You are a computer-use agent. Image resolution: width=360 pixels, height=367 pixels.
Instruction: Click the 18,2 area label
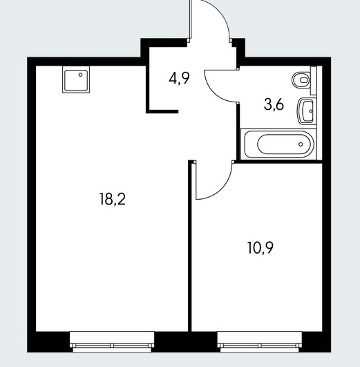tap(113, 199)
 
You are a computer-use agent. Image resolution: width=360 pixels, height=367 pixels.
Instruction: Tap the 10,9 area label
tap(260, 248)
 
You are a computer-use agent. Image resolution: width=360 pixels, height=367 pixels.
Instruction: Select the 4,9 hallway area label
tap(179, 78)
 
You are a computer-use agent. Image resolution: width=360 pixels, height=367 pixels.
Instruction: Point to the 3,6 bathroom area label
tap(274, 104)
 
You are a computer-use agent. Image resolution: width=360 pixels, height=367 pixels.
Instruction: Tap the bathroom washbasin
tap(307, 111)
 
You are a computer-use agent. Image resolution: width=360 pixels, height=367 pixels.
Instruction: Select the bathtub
tap(278, 144)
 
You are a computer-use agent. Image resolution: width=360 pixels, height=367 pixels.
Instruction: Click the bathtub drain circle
tap(301, 144)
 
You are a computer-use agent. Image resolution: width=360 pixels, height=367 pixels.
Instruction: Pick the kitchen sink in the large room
tap(76, 79)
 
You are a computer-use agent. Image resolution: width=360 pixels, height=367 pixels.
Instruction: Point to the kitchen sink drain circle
tap(81, 75)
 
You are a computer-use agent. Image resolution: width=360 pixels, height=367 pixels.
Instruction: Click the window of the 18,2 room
tap(112, 342)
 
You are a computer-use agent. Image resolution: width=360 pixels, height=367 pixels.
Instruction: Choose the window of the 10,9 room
tap(260, 342)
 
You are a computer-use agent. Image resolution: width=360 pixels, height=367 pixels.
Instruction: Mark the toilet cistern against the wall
tap(314, 80)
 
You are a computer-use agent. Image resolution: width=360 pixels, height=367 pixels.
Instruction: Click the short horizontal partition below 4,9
tap(162, 112)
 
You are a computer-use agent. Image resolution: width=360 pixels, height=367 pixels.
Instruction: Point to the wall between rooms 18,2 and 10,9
tap(190, 246)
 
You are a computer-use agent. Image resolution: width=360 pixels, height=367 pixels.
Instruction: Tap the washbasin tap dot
tap(311, 111)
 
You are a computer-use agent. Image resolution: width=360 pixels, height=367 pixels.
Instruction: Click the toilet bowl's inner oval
tap(304, 80)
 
